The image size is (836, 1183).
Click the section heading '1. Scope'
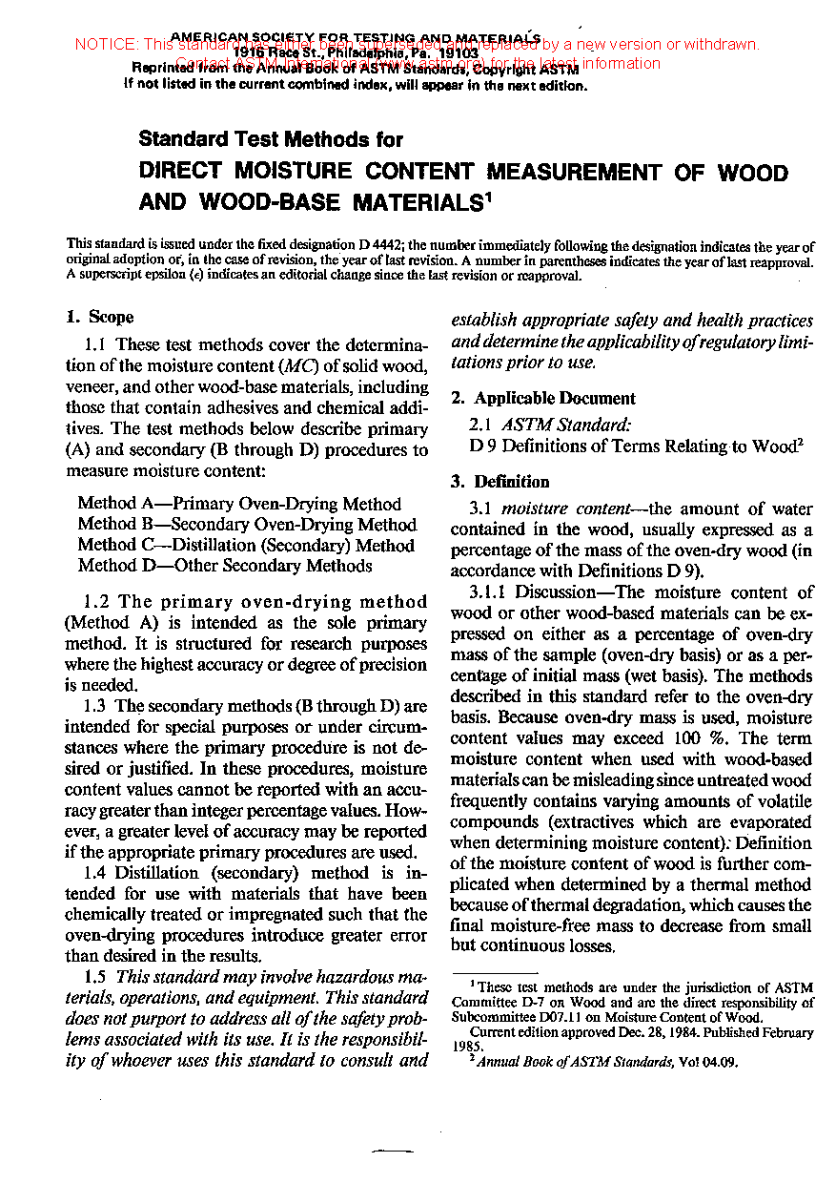click(100, 318)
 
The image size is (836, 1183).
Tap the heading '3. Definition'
click(501, 482)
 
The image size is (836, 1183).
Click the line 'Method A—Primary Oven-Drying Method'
click(239, 504)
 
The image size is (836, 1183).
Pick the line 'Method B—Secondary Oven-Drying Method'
click(247, 525)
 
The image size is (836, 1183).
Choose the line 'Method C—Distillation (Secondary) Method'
click(246, 546)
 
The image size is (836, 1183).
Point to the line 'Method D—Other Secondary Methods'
click(225, 566)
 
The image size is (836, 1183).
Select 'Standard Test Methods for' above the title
click(271, 139)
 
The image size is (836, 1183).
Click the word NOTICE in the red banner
click(106, 44)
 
